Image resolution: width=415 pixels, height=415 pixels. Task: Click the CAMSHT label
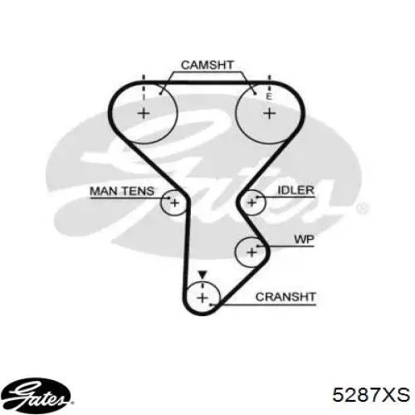[207, 66]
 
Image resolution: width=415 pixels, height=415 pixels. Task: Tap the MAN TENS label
[122, 191]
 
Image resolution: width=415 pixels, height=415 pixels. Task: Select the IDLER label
[295, 190]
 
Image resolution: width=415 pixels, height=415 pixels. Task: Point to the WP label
[304, 239]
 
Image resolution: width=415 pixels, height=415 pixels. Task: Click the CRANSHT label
[286, 297]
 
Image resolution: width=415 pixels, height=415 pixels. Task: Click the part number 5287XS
[371, 395]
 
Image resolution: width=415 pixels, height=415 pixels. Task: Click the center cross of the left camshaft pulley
[144, 114]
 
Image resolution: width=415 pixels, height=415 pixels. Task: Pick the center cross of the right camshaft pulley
[269, 114]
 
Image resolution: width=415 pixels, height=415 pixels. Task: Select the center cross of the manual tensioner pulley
[174, 203]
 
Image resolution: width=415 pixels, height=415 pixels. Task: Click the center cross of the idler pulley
[251, 203]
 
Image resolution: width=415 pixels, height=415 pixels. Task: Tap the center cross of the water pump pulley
[251, 252]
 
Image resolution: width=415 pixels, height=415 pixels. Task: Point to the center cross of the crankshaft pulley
[203, 298]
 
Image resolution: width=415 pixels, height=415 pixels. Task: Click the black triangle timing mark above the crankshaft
[203, 275]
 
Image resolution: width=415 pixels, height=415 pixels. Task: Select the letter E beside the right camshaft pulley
[269, 96]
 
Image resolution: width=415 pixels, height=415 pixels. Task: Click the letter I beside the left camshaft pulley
[144, 96]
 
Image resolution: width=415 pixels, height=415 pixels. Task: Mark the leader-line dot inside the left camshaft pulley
[160, 94]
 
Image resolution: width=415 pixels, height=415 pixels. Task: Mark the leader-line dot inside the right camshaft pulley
[255, 94]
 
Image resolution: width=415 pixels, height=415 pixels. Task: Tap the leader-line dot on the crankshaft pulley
[211, 305]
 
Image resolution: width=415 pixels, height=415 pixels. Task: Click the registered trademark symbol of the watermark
[362, 208]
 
